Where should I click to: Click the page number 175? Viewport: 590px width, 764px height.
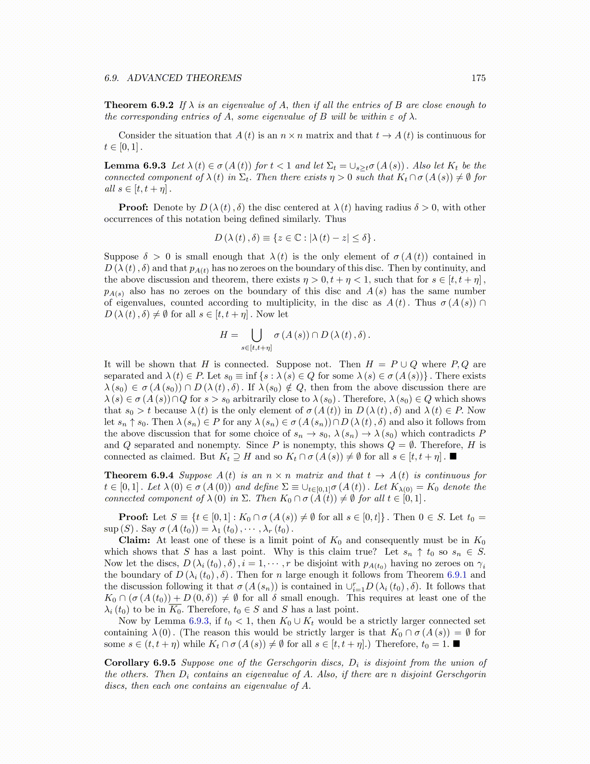[x=478, y=78]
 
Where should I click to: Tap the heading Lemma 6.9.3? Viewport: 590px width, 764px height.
[x=135, y=166]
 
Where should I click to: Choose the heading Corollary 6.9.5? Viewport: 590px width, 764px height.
[x=140, y=663]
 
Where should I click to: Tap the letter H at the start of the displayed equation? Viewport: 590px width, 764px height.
[x=224, y=335]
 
